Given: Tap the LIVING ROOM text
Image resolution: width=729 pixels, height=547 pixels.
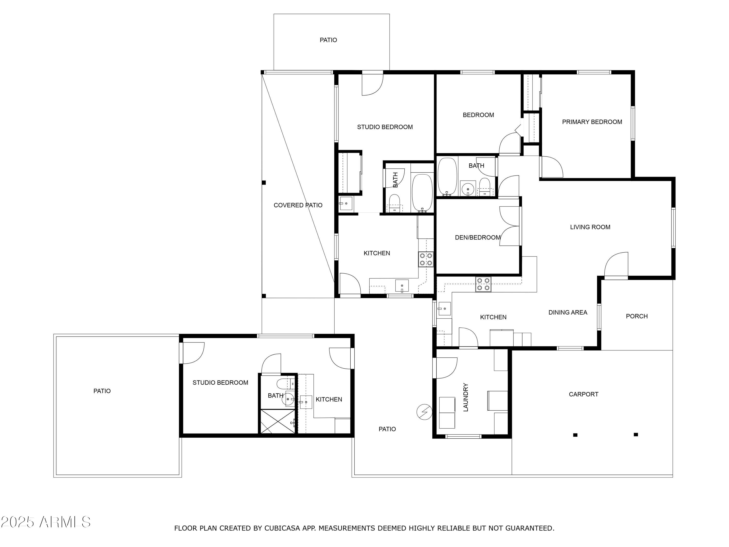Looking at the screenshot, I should tap(590, 227).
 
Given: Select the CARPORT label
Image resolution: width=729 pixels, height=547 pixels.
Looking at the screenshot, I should tap(583, 394).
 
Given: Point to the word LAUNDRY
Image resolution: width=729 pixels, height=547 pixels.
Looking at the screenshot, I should tap(466, 397).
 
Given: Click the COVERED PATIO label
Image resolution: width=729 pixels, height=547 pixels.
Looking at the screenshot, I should tap(298, 205).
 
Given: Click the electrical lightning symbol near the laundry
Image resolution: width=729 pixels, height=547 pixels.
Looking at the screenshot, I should tap(425, 412).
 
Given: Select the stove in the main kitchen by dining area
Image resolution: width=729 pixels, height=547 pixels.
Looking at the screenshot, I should tap(483, 284).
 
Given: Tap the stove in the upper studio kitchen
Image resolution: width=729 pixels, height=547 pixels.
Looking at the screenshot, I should tap(426, 259).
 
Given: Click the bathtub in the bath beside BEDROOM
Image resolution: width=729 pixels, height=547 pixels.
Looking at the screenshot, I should tap(447, 177).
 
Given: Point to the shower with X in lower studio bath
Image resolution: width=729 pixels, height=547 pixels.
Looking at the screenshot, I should tap(278, 421).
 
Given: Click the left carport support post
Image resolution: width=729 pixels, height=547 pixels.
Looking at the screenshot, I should tap(575, 435).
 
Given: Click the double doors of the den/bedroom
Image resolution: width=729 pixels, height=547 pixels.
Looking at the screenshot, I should tap(510, 226).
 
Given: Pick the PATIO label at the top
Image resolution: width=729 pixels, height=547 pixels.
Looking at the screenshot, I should tap(328, 40).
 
